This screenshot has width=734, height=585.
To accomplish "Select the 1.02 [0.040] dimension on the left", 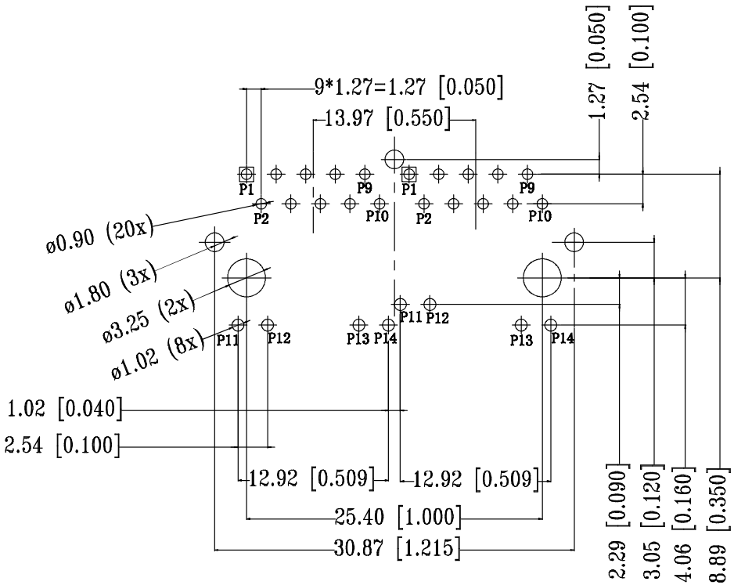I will pos(62,409).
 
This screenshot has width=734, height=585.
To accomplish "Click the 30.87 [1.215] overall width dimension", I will pos(394,546).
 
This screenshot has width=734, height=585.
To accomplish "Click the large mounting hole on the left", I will pos(247,276).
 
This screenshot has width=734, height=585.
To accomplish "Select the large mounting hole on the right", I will pos(542,276).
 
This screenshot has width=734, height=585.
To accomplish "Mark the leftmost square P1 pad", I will pos(246,173).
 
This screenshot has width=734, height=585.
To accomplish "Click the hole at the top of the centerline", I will pos(394,160).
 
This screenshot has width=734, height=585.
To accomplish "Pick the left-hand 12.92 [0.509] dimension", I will pos(311,477).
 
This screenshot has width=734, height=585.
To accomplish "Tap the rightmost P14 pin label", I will pos(562,338).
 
